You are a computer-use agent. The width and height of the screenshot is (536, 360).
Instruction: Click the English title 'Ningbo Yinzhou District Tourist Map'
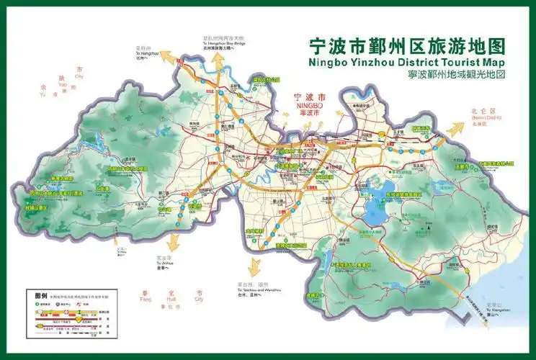tap(407, 62)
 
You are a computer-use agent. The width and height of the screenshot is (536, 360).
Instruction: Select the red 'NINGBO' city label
tap(311, 105)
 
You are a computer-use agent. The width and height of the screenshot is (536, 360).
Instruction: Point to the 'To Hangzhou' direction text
tap(146, 53)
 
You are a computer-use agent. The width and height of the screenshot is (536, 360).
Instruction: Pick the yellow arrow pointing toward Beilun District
tap(455, 130)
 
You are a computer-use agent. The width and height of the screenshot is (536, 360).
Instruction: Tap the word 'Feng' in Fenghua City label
tap(146, 299)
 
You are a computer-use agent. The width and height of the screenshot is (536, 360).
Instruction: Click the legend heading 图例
tap(41, 295)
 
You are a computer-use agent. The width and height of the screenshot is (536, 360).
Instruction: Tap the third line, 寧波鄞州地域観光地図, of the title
tap(407, 75)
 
